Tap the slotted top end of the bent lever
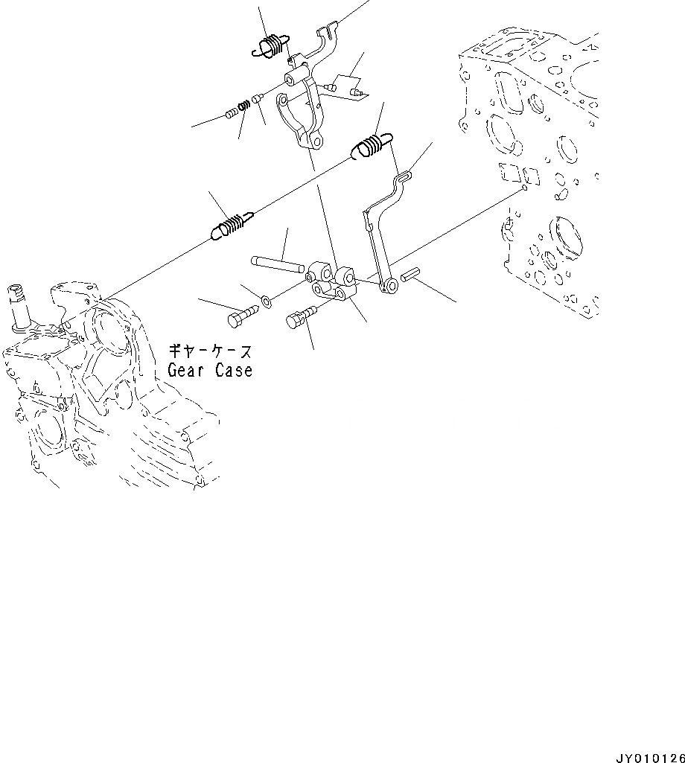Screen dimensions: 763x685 point(403,176)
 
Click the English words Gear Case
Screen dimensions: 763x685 point(209,370)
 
